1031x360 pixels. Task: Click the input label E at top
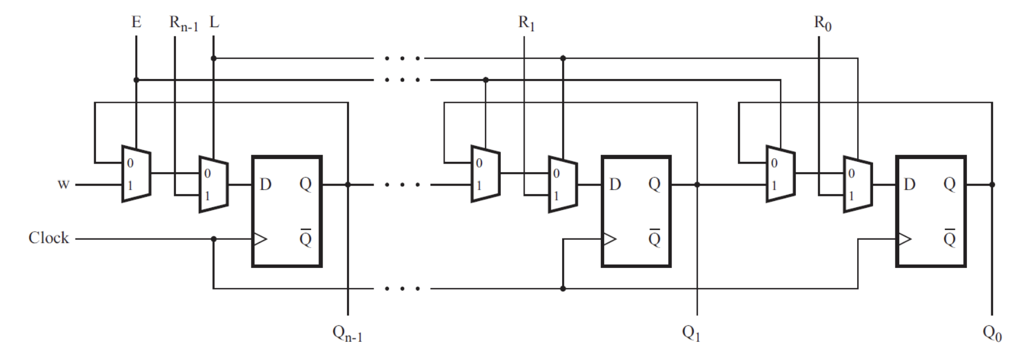coord(136,22)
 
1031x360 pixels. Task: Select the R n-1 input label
coord(183,24)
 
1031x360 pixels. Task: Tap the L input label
coord(214,22)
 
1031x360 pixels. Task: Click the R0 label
coord(822,24)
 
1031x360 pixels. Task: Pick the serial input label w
coord(63,185)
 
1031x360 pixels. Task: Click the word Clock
coord(49,238)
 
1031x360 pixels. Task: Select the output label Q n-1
coord(347,333)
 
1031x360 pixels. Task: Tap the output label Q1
coord(691,333)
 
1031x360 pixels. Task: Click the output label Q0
coord(992,333)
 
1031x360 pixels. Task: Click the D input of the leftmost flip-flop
coord(265,185)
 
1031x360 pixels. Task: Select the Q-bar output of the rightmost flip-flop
coord(949,238)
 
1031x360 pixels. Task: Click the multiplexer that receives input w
coord(136,174)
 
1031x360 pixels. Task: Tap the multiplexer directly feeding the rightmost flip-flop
coord(857,185)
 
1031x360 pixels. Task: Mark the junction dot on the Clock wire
coord(213,239)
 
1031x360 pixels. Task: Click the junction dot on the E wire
coord(136,80)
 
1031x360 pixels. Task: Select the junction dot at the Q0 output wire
coord(992,185)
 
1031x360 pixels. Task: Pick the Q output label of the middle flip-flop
coord(654,185)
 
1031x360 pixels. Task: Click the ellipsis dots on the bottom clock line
coord(402,288)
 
